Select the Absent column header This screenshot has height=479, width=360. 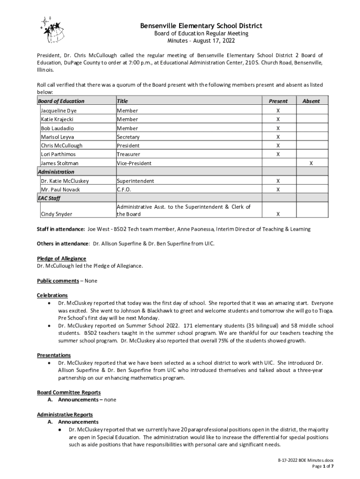tap(311, 101)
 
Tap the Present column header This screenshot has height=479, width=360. tap(278, 101)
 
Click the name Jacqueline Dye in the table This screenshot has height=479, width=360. tap(58, 111)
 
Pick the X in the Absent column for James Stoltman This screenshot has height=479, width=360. tap(311, 163)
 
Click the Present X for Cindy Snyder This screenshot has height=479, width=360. tap(278, 214)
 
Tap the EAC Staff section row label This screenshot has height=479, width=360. tap(49, 198)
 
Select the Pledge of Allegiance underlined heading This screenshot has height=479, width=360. tap(61, 259)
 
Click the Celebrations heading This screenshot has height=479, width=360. tap(52, 295)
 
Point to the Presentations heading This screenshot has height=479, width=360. tap(54, 355)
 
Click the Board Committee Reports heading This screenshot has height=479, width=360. tap(69, 392)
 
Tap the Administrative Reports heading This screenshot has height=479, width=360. tap(65, 414)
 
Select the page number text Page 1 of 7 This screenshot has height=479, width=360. tap(323, 466)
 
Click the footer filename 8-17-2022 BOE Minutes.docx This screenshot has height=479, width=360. tap(305, 461)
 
